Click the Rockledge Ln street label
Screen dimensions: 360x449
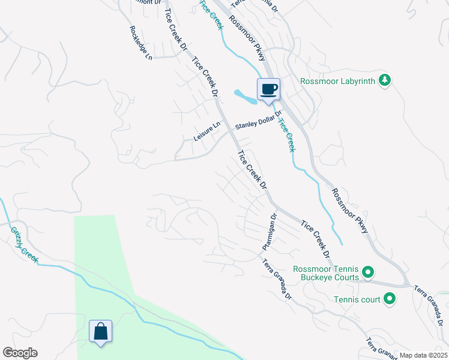click(x=140, y=43)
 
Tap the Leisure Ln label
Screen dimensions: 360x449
click(x=207, y=132)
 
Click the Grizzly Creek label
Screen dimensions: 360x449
click(x=24, y=244)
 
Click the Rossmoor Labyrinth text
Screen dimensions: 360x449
click(x=337, y=80)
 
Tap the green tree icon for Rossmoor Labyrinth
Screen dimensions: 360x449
click(x=385, y=80)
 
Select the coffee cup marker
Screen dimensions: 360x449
click(x=269, y=90)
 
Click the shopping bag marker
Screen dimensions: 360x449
click(x=100, y=332)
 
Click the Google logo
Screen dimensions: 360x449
click(x=20, y=353)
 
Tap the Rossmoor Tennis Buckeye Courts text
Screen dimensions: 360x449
click(x=326, y=273)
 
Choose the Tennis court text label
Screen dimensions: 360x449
click(x=358, y=298)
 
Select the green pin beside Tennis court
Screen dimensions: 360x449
click(x=389, y=298)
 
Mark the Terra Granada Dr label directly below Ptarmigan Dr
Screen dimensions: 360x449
click(x=277, y=280)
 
